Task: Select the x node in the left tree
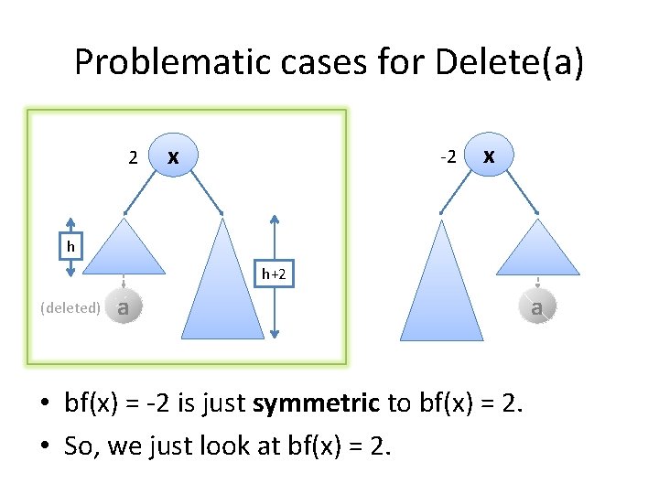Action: coord(174,156)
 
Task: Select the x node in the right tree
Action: coord(490,156)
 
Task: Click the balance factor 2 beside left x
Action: coord(134,158)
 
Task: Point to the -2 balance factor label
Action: coord(448,157)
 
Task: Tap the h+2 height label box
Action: coord(275,274)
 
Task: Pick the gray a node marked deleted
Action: coord(124,308)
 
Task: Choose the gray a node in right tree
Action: coord(537,308)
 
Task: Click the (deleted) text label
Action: coord(70,308)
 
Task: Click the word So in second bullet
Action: coord(79,446)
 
